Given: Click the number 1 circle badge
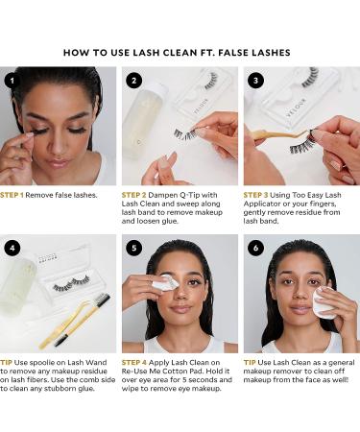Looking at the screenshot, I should [11, 81].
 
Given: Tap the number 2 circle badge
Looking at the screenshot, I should [133, 81].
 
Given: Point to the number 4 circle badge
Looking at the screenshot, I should [11, 247].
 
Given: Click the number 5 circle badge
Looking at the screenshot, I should [133, 247].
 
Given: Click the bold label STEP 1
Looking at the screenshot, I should [18, 194].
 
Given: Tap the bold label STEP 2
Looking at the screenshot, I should [139, 194].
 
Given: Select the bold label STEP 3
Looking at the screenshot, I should [262, 194].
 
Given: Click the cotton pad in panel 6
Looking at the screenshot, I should [325, 301].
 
